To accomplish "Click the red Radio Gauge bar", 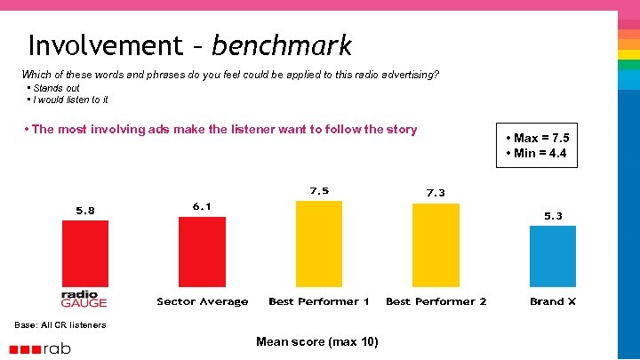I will pos(84,253).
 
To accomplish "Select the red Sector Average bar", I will pos(202,252).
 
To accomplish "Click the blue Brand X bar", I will pos(552,256).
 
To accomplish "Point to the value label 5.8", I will pos(84,211).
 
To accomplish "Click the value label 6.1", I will pos(202,206).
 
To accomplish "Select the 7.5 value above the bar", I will pos(319,191).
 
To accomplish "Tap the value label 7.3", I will pos(436,193).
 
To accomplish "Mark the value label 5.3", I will pos(553,216).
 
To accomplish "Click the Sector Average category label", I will pos(203,302).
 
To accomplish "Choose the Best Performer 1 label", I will pos(319,302).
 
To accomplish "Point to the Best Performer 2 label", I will pos(436,302).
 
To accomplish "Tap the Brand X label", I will pos(553,302).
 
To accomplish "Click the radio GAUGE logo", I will pos(84,300).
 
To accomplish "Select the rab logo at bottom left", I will pos(44,348).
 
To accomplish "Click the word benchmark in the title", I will pos(282,45).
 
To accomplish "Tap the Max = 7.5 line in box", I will pos(537,138).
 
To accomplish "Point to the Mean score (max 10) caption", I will pos(316,342).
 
